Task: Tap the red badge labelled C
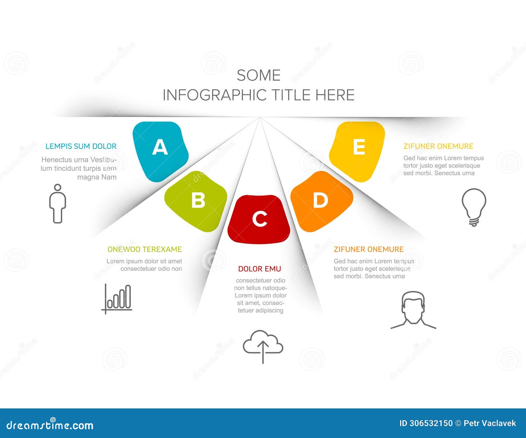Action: [x=259, y=219]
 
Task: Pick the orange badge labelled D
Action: [x=321, y=200]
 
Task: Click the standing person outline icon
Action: [x=58, y=204]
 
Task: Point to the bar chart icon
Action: [x=117, y=298]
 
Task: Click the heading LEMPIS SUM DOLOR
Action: [x=81, y=146]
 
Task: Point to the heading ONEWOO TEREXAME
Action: [x=145, y=249]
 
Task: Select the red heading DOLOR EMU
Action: [x=259, y=269]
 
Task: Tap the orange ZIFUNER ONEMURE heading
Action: [x=369, y=249]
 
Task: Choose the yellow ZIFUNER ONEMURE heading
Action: [x=438, y=146]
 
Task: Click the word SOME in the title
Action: [x=258, y=76]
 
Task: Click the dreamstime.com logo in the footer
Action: [x=50, y=425]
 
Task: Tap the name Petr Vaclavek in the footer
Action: [x=490, y=423]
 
